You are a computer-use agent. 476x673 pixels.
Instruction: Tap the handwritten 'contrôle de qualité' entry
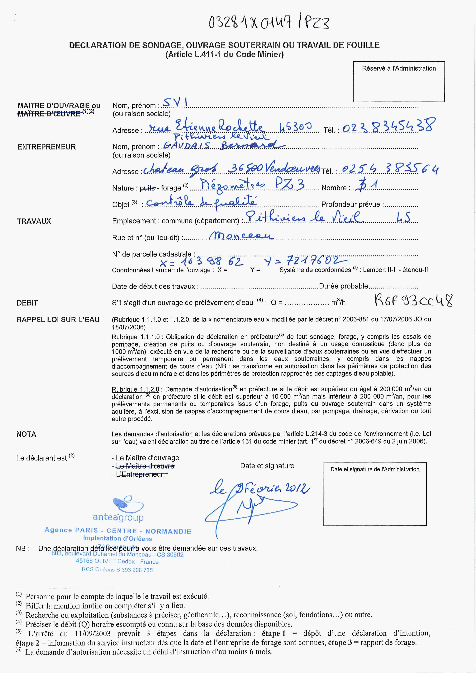tap(202, 202)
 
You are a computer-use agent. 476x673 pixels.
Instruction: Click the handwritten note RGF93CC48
tap(414, 301)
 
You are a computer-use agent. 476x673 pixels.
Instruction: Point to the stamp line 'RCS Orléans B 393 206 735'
tap(117, 570)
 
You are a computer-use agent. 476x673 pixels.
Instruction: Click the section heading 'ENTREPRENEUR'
tap(47, 147)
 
